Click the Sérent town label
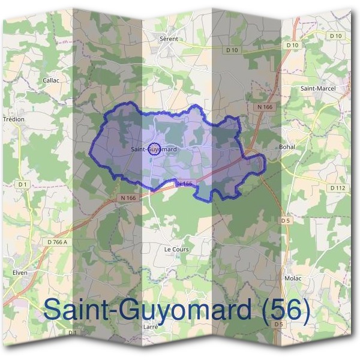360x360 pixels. click(x=169, y=38)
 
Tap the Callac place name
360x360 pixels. click(x=50, y=79)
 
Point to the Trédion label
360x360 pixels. click(x=14, y=119)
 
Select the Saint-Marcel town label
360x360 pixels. click(x=318, y=88)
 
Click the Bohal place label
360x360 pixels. click(x=287, y=146)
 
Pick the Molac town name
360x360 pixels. click(x=293, y=278)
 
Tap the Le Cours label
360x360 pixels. click(x=176, y=248)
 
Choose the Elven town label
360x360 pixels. click(x=19, y=272)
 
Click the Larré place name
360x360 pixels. click(x=151, y=326)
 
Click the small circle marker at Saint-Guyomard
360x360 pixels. click(x=154, y=149)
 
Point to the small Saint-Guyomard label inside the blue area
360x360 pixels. click(x=153, y=149)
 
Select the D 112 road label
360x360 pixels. click(x=338, y=188)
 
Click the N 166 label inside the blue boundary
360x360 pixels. click(x=184, y=184)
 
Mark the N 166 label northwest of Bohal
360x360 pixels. click(x=264, y=107)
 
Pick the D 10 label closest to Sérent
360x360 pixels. click(x=232, y=50)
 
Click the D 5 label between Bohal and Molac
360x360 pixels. click(x=286, y=221)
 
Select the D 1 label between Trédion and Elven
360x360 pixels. click(x=23, y=184)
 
